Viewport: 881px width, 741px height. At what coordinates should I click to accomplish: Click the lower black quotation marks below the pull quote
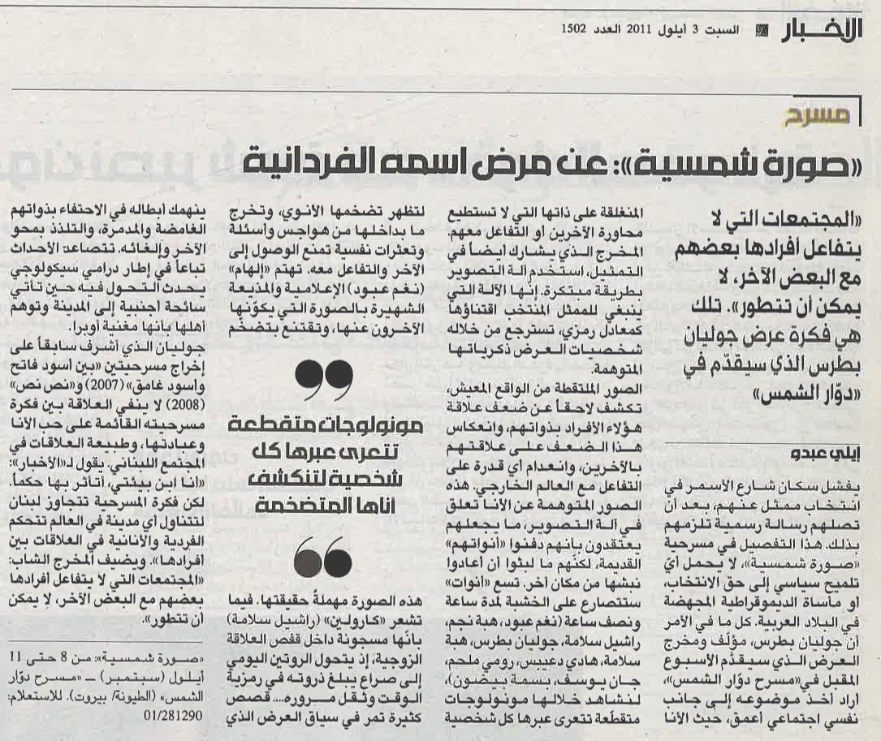[322, 557]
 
